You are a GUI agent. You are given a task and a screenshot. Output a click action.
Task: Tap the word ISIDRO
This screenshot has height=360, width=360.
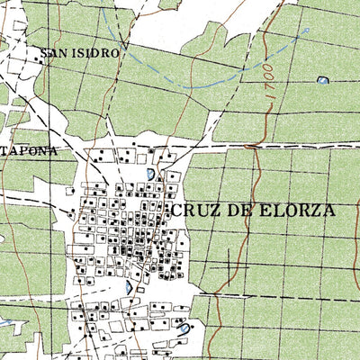(96, 54)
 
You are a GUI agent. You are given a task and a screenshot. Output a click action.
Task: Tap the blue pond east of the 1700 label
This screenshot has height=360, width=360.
(322, 81)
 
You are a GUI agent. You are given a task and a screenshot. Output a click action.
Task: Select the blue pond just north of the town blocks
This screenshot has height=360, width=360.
(149, 173)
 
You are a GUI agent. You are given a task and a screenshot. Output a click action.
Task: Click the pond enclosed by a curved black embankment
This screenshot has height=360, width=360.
(184, 329)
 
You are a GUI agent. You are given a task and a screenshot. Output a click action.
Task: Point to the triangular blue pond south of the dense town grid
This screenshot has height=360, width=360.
(130, 287)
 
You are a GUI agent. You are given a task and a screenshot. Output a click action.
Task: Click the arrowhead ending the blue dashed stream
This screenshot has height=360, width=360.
(307, 29)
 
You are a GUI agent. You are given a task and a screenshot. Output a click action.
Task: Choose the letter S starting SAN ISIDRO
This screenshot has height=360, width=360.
(45, 54)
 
